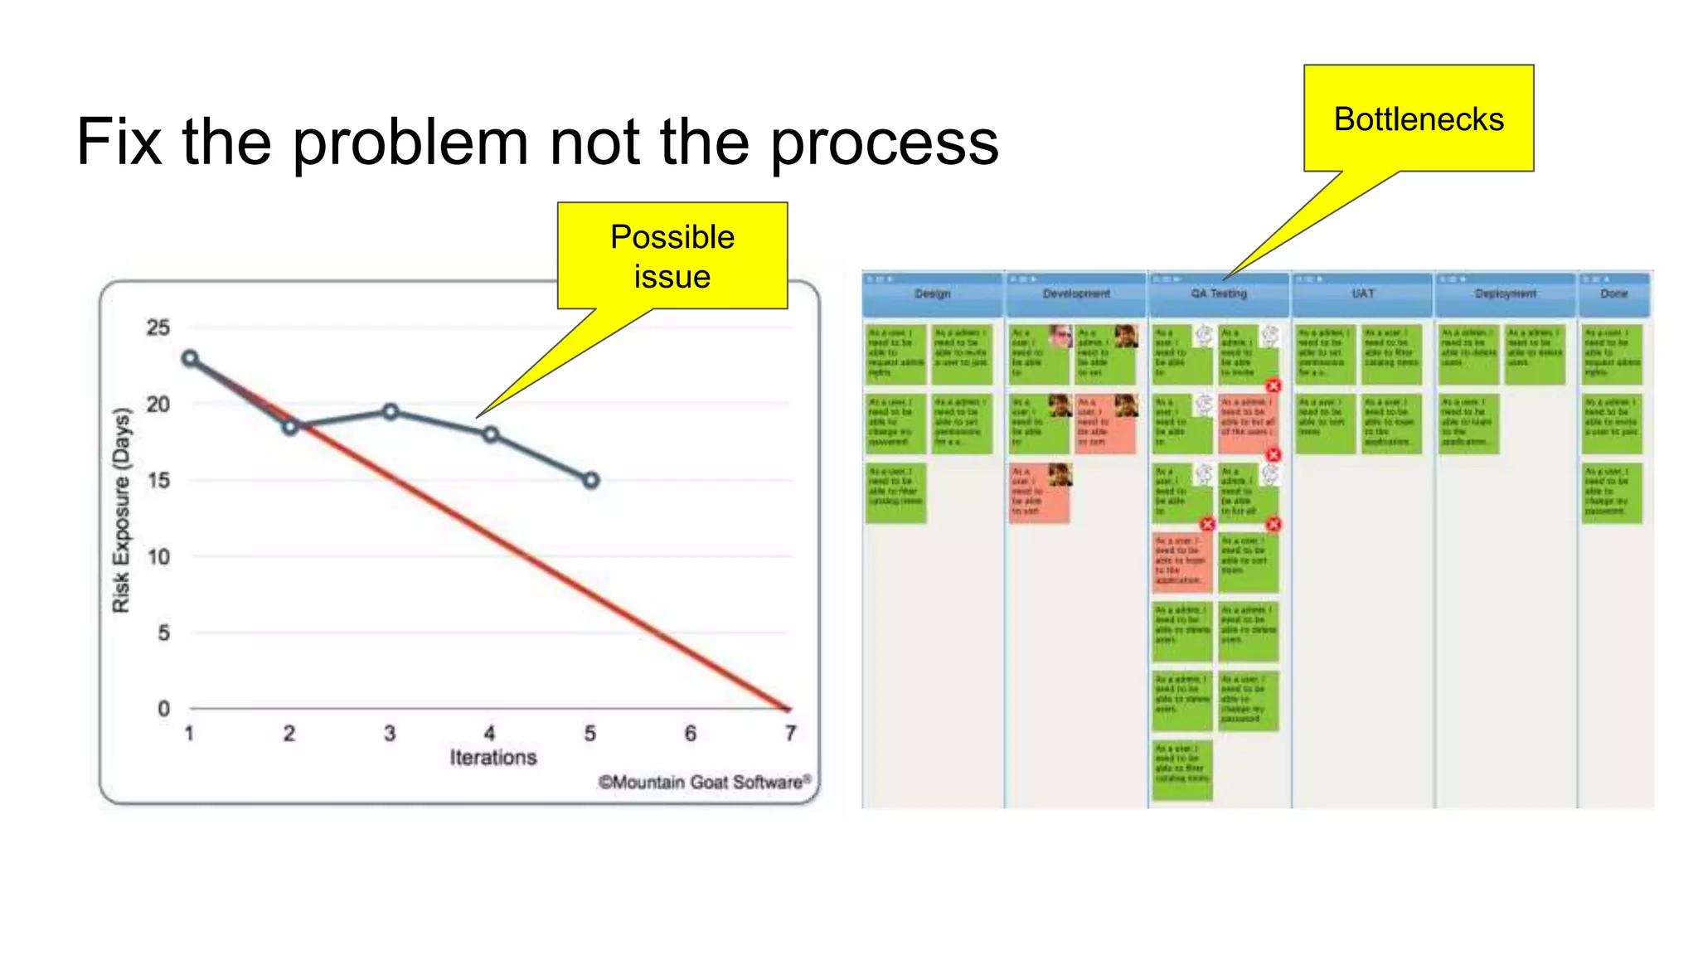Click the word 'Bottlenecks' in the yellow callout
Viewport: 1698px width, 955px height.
(1418, 119)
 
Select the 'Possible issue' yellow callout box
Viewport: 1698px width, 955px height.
(672, 255)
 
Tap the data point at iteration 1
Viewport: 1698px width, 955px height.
(190, 358)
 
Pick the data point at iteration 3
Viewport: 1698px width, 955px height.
(391, 411)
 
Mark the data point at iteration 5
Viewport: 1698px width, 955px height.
(590, 480)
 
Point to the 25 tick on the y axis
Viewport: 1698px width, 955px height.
(158, 327)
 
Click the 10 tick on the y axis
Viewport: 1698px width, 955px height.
(158, 556)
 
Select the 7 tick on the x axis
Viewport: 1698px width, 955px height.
(790, 733)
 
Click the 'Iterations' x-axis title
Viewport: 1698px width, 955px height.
(493, 757)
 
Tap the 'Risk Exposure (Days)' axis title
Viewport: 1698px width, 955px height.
(121, 510)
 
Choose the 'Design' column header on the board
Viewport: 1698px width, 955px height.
(933, 293)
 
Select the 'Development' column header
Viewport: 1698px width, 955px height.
(1076, 293)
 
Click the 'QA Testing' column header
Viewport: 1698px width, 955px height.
(1219, 293)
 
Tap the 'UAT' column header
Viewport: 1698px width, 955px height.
(1363, 293)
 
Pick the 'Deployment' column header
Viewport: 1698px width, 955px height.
(1506, 293)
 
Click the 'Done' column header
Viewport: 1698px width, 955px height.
(1613, 293)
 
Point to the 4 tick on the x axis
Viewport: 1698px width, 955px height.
(490, 733)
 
